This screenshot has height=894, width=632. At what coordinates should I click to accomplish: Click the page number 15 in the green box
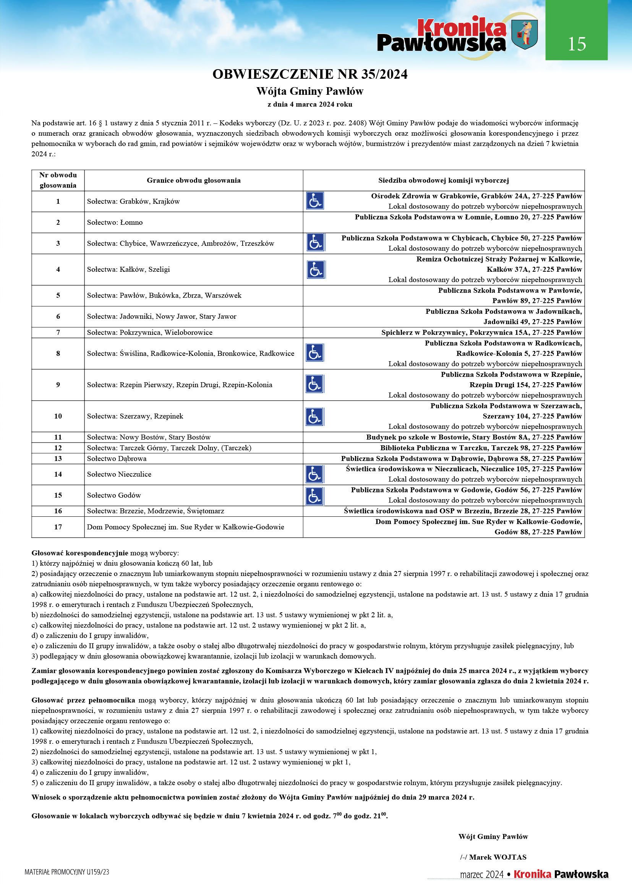coord(576,44)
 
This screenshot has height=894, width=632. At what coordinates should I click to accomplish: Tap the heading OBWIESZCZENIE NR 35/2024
coord(310,74)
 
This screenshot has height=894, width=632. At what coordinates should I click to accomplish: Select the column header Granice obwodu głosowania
coord(193,180)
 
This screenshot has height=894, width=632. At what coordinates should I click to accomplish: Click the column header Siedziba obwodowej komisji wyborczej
coord(443,180)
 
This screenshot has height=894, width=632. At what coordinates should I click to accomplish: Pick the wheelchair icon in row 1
coord(315,201)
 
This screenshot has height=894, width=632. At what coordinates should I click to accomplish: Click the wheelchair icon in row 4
coord(316,269)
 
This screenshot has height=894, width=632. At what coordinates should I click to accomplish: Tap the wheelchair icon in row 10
coord(315,417)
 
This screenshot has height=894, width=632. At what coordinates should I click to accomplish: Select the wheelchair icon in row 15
coord(315,496)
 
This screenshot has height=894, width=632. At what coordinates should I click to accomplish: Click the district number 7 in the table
coord(58,333)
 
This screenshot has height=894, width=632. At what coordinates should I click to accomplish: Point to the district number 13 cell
coord(58,459)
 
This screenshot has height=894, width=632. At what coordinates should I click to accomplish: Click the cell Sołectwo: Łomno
coord(115,222)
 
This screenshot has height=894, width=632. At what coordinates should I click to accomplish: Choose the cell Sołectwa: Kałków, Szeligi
coord(128,269)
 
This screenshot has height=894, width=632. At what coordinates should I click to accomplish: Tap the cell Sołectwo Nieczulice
coord(119,474)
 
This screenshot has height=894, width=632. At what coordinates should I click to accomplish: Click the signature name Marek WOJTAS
coord(497,857)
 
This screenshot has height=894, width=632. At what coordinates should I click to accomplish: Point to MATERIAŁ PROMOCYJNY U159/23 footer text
coord(67,872)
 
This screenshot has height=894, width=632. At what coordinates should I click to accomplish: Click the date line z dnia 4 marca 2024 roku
coord(310,104)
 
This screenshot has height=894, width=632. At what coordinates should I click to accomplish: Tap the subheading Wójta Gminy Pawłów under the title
coord(310,91)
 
